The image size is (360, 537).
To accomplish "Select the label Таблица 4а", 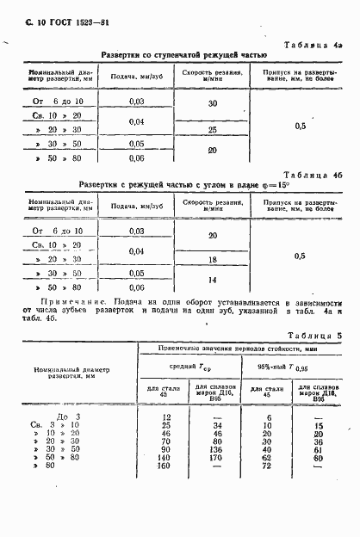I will tap(314, 46).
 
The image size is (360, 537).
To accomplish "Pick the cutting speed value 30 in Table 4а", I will tap(213, 103).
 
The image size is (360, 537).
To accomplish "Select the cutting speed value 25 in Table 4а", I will tap(213, 130).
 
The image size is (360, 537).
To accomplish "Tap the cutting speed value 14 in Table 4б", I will tap(213, 281).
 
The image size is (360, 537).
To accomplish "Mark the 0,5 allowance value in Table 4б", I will tap(300, 256).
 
